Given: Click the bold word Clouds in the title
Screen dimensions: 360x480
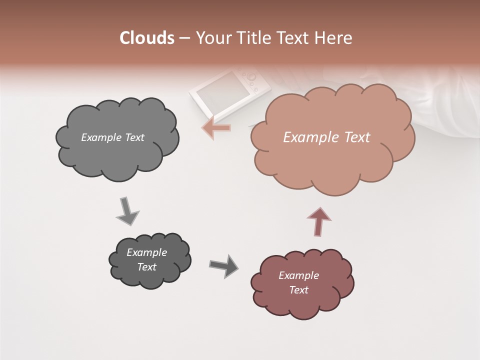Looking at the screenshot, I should [147, 38].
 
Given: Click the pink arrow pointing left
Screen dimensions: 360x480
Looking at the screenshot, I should [216, 127].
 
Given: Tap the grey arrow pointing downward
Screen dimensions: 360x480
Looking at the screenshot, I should [127, 211].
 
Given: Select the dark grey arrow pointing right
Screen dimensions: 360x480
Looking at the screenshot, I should [224, 265].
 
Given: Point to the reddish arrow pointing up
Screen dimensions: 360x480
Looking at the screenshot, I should [319, 221].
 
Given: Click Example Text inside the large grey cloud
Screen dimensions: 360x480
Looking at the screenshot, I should [112, 137].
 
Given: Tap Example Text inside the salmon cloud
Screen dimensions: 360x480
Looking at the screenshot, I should [326, 137].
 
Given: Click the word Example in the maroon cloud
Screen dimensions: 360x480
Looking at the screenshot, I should [298, 275].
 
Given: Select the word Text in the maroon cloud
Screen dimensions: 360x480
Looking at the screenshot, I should [298, 290].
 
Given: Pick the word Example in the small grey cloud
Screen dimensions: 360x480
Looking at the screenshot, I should [146, 252].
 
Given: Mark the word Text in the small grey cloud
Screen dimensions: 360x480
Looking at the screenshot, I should [146, 267].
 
